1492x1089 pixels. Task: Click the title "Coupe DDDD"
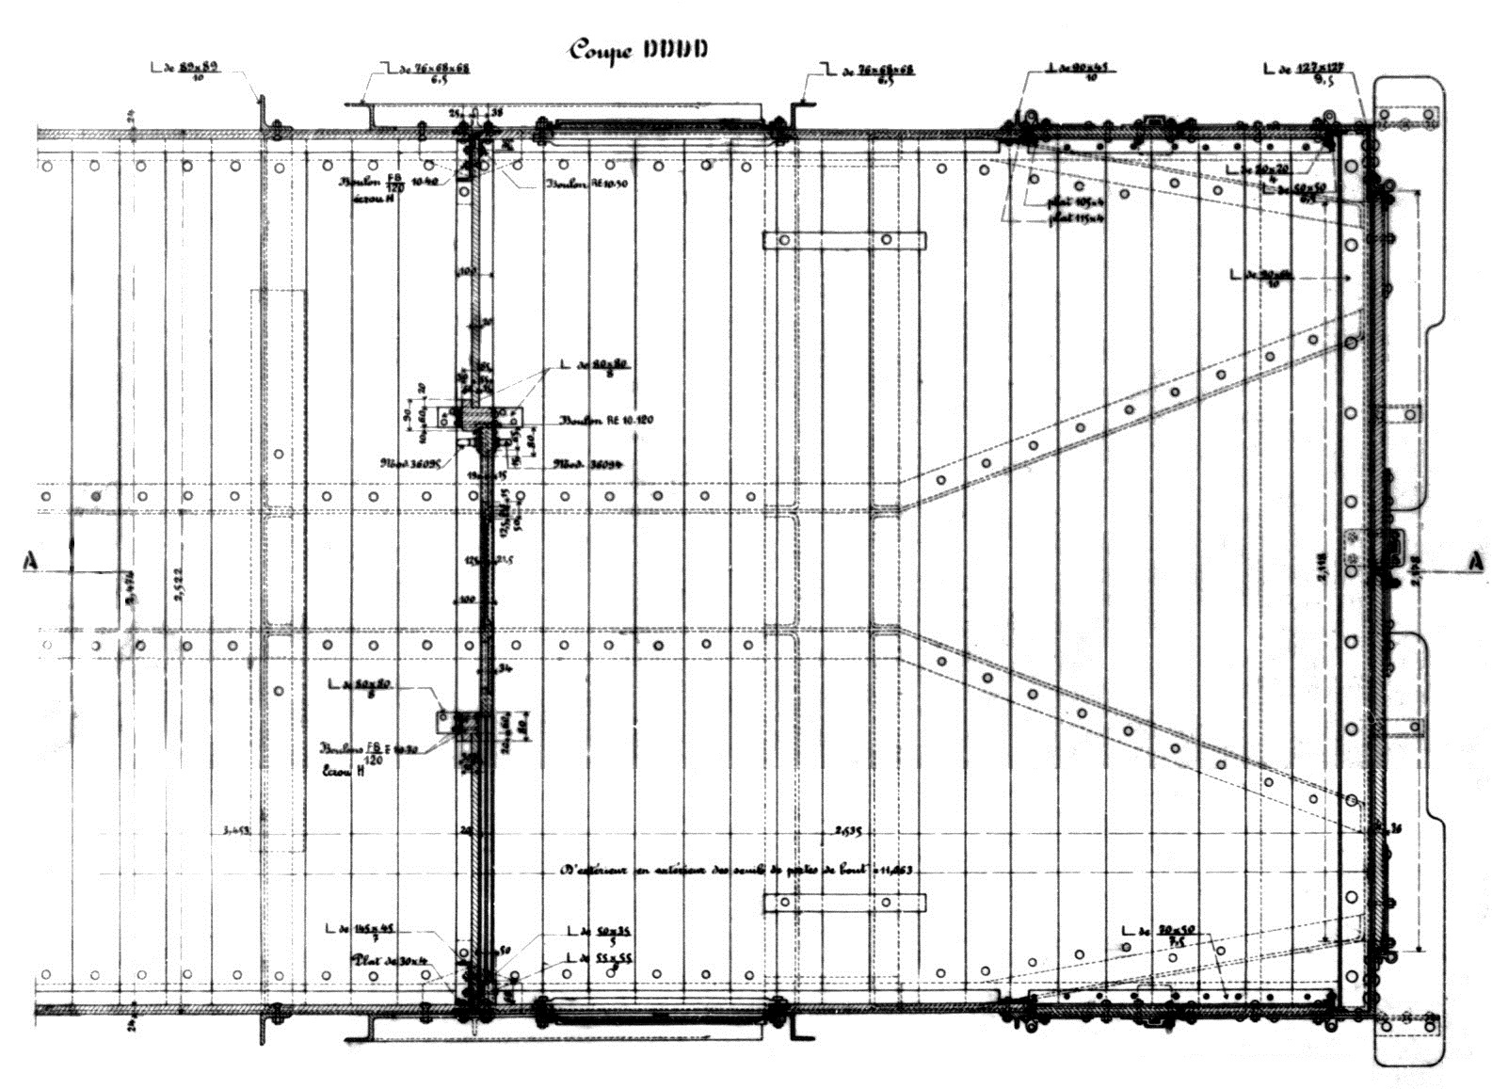coord(636,49)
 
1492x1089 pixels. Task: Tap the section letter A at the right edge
coord(1475,562)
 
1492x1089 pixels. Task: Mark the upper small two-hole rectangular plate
coord(843,241)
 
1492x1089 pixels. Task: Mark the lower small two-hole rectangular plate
coord(843,903)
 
